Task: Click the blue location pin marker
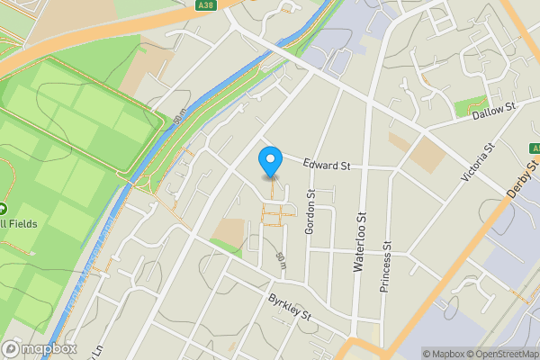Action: (269, 163)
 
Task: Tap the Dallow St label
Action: (496, 107)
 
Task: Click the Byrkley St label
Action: (289, 309)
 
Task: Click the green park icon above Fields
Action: (3, 208)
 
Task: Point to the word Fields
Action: (22, 223)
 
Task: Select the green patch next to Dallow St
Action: (471, 107)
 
